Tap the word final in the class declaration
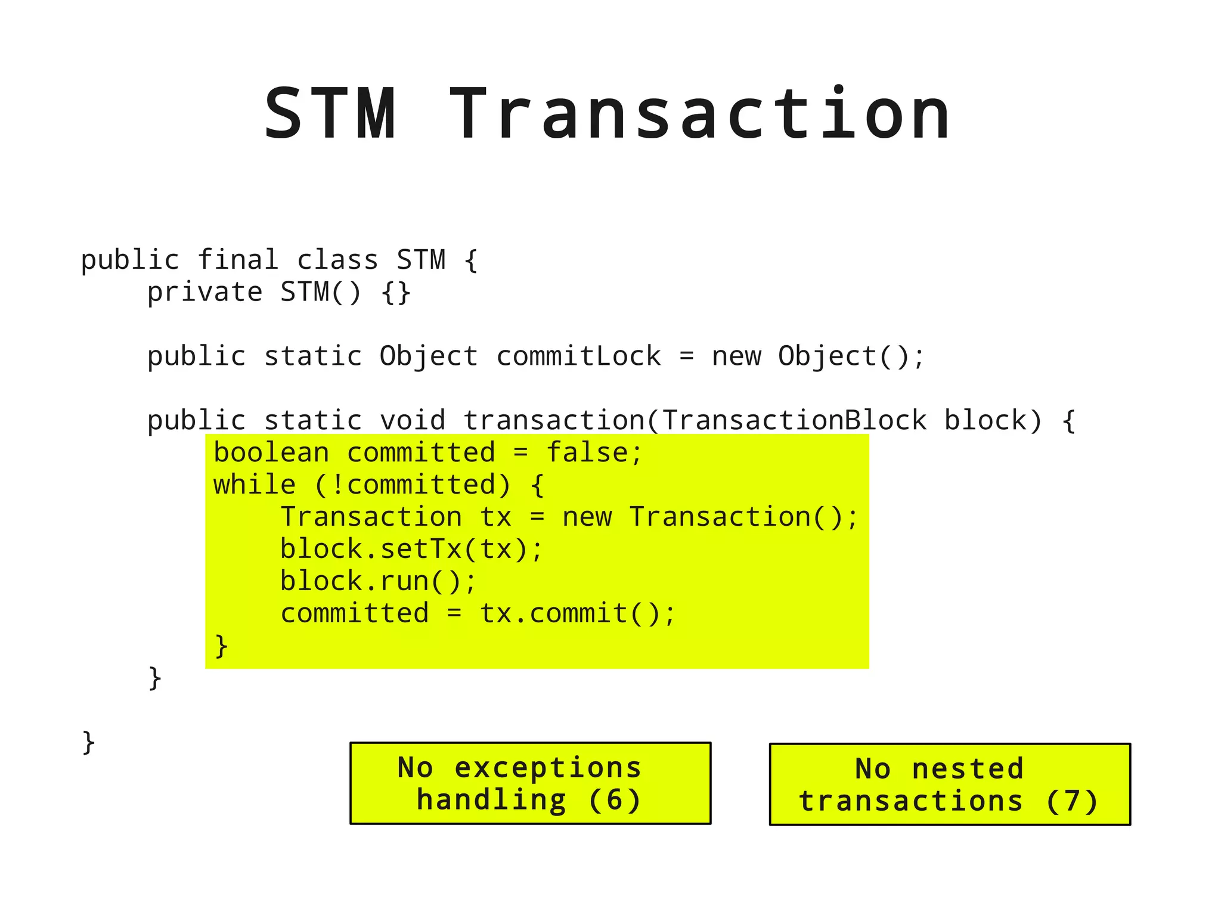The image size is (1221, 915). click(x=238, y=260)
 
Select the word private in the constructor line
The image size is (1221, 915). click(x=204, y=292)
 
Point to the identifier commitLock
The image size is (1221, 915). click(x=578, y=356)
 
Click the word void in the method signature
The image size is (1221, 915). click(x=413, y=420)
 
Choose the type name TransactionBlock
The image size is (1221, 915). click(x=794, y=420)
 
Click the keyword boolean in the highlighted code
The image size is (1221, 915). click(x=271, y=452)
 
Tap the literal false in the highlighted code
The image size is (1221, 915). click(x=587, y=452)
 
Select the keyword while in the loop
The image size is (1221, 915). click(x=255, y=485)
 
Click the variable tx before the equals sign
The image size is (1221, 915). click(x=496, y=517)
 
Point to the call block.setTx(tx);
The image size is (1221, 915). click(x=411, y=549)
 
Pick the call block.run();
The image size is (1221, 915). click(x=378, y=581)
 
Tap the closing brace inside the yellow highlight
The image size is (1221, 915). click(x=221, y=646)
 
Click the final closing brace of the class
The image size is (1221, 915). click(x=88, y=742)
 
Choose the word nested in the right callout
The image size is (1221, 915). click(x=968, y=769)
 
